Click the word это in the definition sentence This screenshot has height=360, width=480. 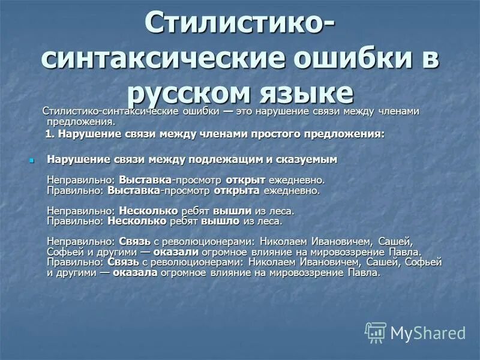tap(244, 112)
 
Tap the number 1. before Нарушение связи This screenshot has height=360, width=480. tap(50, 134)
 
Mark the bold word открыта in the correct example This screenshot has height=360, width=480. tap(239, 190)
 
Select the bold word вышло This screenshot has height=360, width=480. tap(220, 221)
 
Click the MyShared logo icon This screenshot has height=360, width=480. tap(376, 332)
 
